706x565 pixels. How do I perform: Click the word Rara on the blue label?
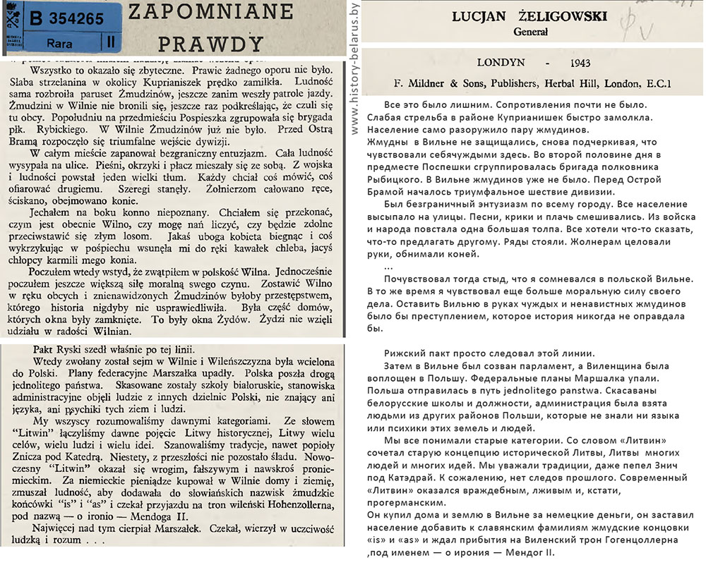tap(47, 42)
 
